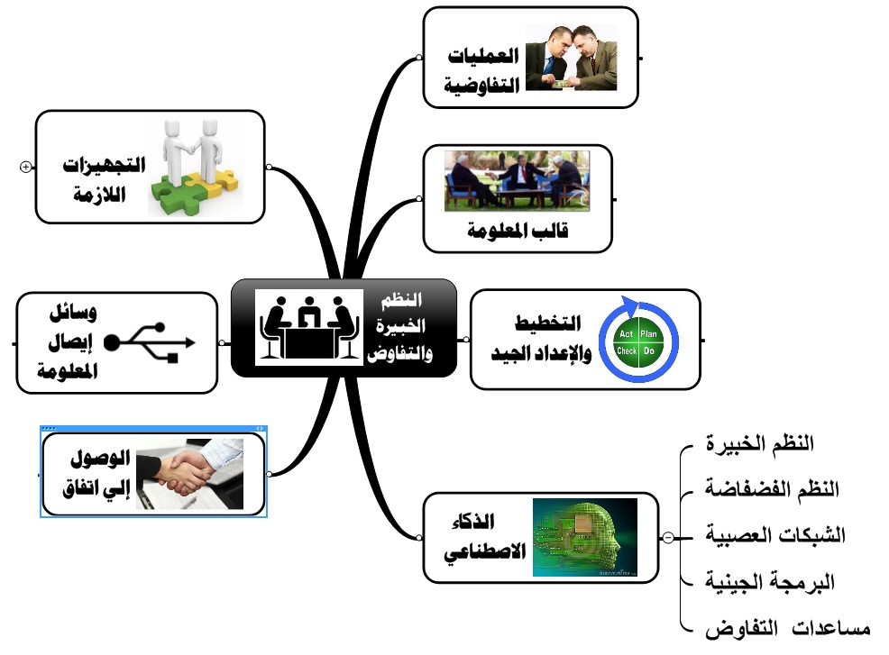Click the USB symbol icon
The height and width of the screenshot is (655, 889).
(x=151, y=342)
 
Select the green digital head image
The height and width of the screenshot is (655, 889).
(x=584, y=537)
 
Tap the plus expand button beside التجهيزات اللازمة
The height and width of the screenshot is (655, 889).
(x=25, y=166)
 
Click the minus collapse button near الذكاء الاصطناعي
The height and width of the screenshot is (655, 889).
(x=667, y=537)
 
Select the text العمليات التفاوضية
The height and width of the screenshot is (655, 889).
(x=485, y=69)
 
